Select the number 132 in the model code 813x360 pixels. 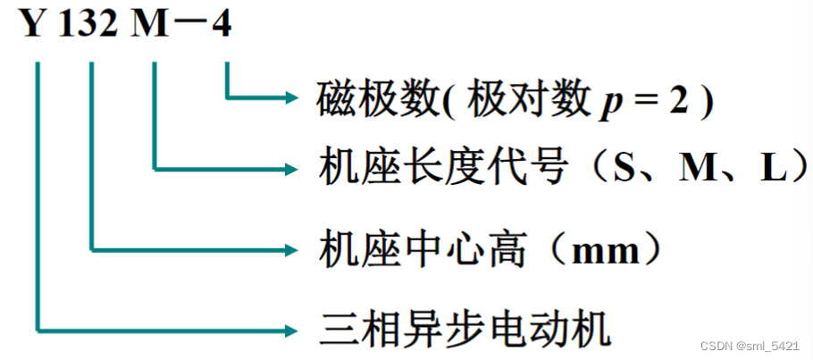coord(88,25)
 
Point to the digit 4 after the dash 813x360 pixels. coord(221,25)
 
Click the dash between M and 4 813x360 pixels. coord(187,25)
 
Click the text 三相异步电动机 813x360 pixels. coord(465,330)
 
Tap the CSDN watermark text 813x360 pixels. coord(750,347)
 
